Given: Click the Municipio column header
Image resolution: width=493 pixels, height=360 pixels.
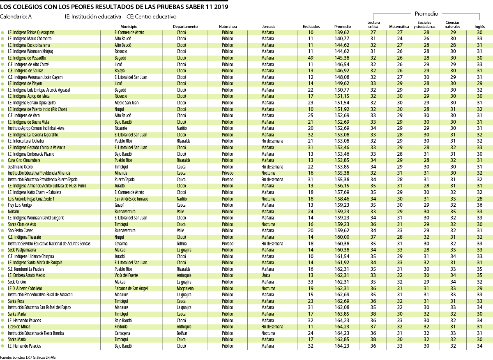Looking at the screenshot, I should click(x=123, y=27).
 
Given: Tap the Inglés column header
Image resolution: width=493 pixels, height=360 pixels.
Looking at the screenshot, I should click(x=479, y=27).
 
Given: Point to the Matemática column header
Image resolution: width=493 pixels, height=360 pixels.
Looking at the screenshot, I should click(x=399, y=27).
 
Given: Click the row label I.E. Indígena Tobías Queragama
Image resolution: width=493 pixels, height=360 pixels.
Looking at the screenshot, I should click(x=31, y=32).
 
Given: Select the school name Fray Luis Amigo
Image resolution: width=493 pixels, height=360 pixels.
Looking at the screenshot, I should click(x=20, y=205).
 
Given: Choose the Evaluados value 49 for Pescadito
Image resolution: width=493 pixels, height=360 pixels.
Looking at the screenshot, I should click(x=311, y=58).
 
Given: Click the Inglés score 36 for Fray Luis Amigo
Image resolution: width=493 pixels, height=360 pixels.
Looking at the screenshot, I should click(x=479, y=205).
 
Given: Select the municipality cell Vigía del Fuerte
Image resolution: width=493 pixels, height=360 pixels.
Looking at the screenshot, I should click(x=126, y=275).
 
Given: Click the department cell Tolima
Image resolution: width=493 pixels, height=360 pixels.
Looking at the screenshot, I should click(x=181, y=244).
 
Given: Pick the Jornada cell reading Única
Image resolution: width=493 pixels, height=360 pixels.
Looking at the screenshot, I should click(x=266, y=275).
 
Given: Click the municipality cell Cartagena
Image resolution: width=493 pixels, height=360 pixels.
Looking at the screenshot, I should click(x=122, y=333).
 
